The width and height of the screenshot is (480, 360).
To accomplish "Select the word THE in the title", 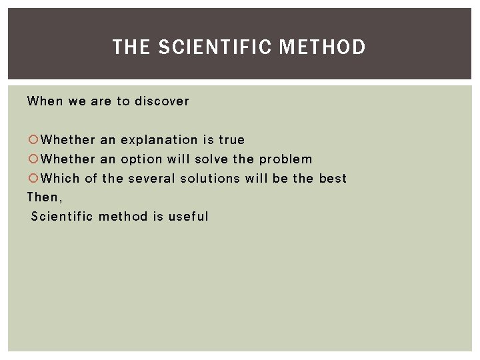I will click(x=131, y=47).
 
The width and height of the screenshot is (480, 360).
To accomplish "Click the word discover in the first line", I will click(x=162, y=101).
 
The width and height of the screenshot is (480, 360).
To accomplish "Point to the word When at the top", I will click(x=45, y=101).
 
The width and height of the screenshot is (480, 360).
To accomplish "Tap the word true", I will click(x=232, y=140).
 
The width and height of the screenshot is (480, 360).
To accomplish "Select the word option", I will click(x=141, y=159).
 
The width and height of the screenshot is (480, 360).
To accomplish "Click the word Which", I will click(x=61, y=179).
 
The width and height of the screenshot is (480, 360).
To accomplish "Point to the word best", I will click(x=333, y=179).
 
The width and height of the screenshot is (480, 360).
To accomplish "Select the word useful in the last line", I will click(x=189, y=217).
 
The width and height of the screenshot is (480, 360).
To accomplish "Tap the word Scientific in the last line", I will click(x=63, y=217).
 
